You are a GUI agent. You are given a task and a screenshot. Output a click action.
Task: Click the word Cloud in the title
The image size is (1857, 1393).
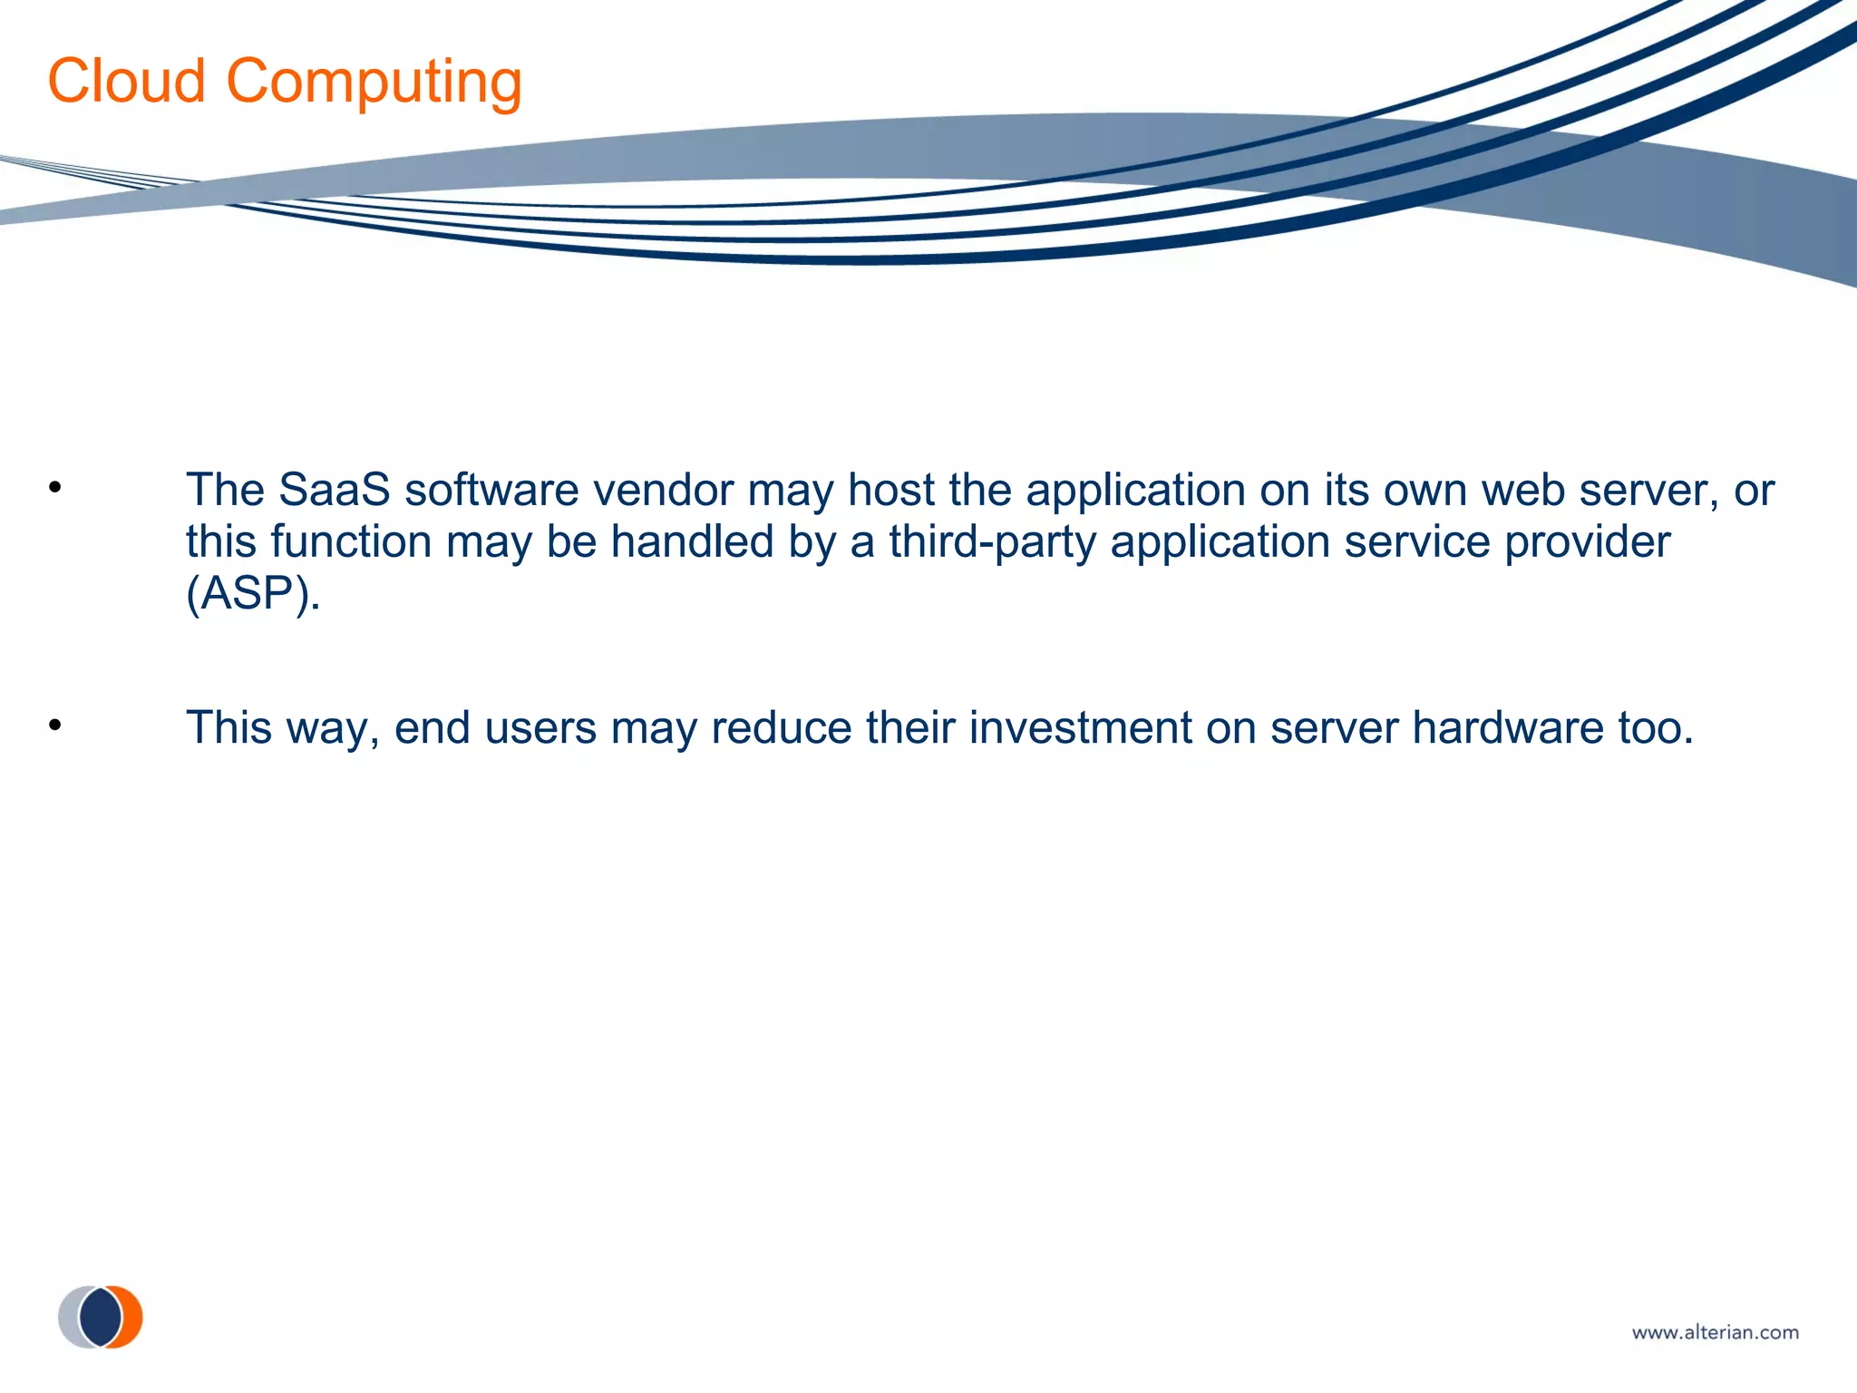tap(126, 81)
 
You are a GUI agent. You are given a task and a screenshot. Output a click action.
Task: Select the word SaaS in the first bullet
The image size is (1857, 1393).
tap(334, 490)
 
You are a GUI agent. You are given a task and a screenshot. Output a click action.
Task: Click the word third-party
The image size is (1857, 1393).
tap(992, 542)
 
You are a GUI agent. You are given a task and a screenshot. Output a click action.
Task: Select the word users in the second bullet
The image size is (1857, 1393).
tap(540, 727)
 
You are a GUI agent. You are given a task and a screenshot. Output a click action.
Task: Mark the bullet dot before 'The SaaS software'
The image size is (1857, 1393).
tap(55, 488)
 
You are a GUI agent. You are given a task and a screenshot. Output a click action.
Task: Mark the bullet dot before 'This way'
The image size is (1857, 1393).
tap(55, 726)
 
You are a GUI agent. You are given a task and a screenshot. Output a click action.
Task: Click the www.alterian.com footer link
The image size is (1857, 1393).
tap(1715, 1332)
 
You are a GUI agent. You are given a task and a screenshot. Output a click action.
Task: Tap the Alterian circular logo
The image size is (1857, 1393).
tap(101, 1317)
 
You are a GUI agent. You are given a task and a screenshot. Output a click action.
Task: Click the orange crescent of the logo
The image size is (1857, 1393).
tap(132, 1317)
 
